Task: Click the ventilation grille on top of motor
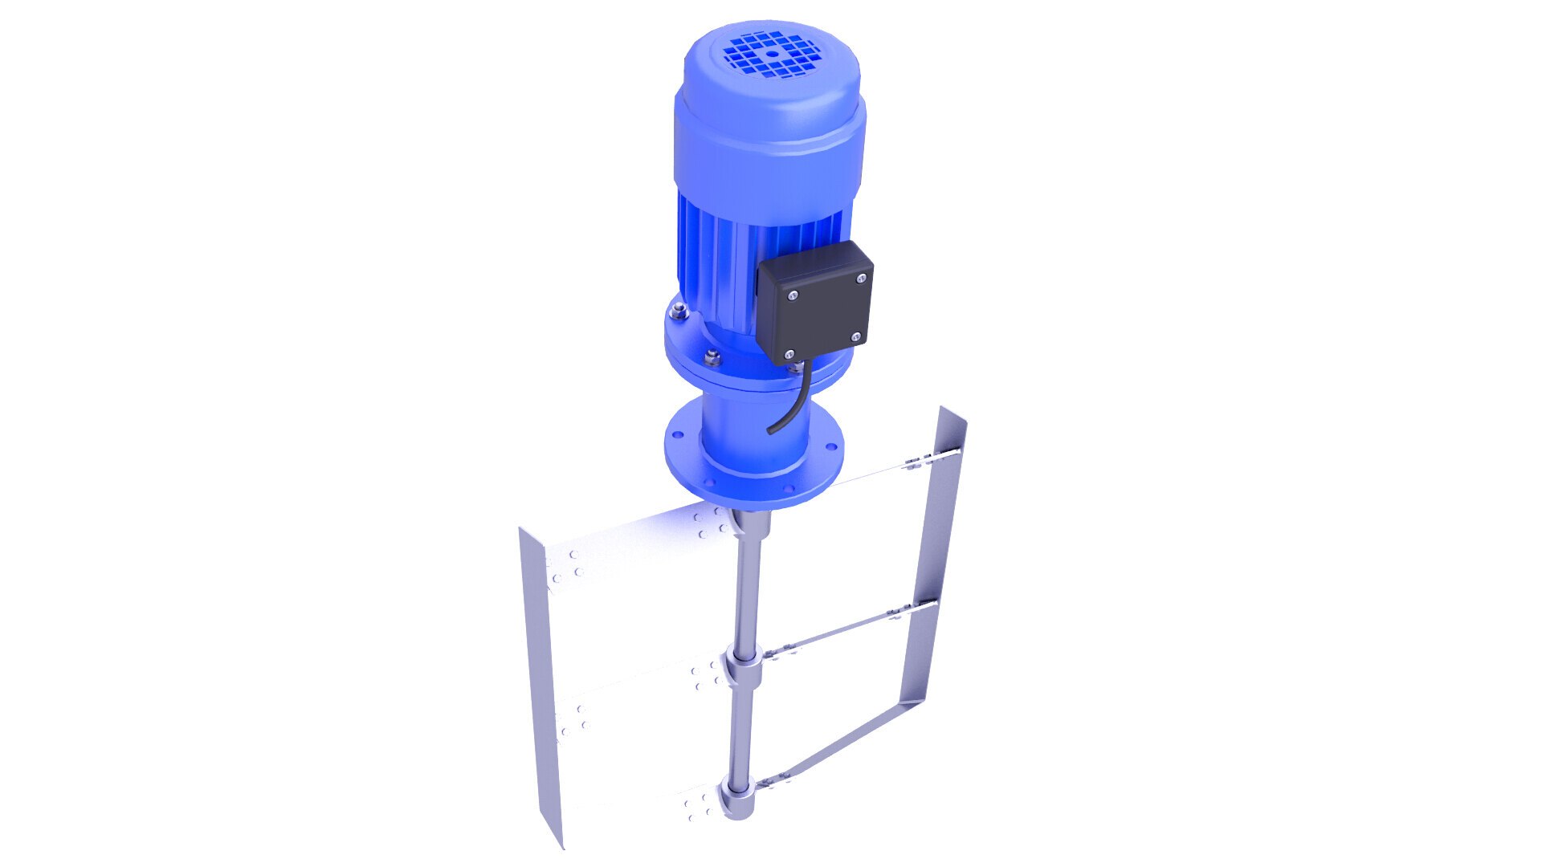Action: pos(769,55)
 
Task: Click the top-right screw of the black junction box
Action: pos(860,279)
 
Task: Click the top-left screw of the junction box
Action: pos(792,295)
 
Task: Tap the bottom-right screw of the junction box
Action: pos(855,336)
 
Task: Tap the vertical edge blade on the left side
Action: pos(539,682)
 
